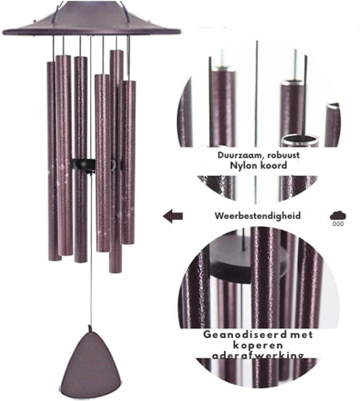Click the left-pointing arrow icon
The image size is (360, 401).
[x=173, y=216]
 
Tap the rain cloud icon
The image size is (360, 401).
[x=338, y=216]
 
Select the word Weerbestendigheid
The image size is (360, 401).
[x=258, y=216]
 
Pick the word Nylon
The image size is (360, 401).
[x=244, y=166]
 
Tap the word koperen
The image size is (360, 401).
[x=258, y=346]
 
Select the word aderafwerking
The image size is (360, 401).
[x=258, y=356]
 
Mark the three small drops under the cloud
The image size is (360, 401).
[x=338, y=224]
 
